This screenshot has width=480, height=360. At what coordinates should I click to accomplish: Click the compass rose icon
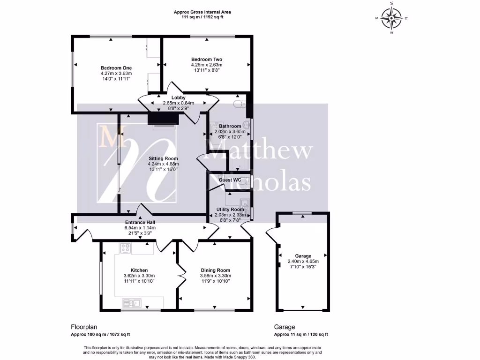(391, 18)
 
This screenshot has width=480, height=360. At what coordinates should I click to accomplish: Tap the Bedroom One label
(116, 68)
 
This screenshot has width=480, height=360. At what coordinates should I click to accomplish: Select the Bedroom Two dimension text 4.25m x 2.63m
(207, 65)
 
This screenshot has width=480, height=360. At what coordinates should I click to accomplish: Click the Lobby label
(178, 97)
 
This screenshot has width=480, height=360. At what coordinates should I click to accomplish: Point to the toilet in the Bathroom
(239, 103)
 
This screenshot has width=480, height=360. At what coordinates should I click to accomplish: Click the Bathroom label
(230, 126)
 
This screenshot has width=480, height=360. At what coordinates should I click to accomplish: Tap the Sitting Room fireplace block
(162, 120)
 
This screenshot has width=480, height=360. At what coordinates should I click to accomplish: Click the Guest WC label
(230, 180)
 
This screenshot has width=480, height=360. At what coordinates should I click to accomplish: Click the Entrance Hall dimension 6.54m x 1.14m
(140, 228)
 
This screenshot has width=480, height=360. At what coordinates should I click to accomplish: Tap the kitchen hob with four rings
(125, 248)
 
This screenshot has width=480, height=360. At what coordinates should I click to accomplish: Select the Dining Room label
(216, 270)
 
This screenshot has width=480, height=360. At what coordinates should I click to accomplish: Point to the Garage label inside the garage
(303, 256)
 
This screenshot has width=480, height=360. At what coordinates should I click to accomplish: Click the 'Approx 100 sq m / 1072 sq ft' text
(100, 335)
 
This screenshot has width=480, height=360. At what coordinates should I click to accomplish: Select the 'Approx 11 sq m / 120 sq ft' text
(301, 335)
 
